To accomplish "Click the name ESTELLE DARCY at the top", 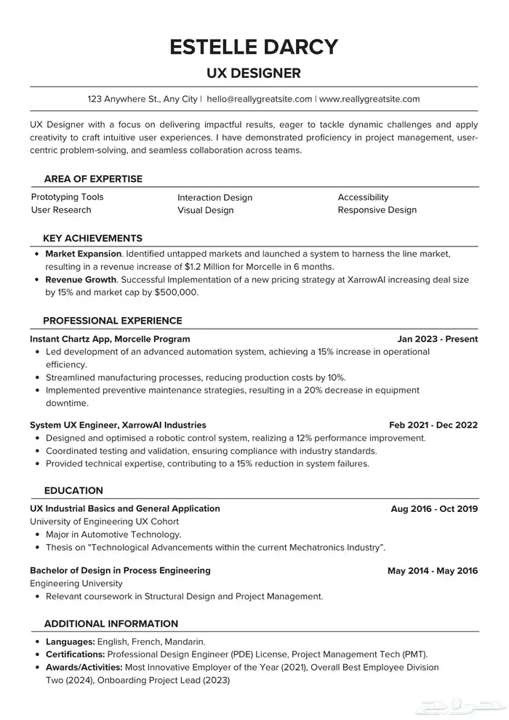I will (x=254, y=47).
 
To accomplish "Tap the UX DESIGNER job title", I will (x=254, y=73).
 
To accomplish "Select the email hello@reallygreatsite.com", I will (x=260, y=99).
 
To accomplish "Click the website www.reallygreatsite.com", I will (x=369, y=99).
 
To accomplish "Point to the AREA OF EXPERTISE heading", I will (x=93, y=179).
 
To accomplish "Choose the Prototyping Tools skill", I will (x=67, y=197).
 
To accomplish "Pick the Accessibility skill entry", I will (x=363, y=197).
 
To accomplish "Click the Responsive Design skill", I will (x=377, y=210).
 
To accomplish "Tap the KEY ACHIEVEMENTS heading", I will (x=92, y=239).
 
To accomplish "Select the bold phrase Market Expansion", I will (x=84, y=254).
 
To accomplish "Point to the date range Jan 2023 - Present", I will (x=438, y=339).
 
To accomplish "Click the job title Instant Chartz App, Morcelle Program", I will (x=110, y=339).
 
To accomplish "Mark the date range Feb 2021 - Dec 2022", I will (x=433, y=425).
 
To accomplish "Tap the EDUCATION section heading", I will (x=73, y=490).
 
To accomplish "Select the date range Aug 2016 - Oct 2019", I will (x=434, y=509).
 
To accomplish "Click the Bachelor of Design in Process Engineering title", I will (x=120, y=570).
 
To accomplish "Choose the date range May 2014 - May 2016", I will (x=433, y=571).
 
